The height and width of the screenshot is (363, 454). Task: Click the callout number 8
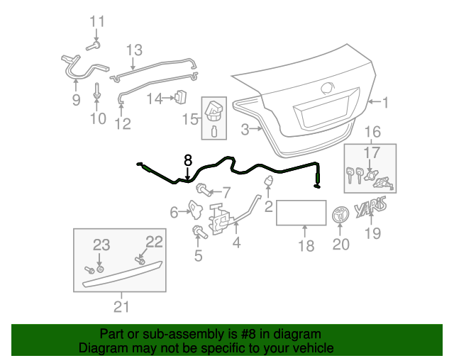click(x=188, y=160)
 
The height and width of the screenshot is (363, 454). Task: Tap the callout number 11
click(x=96, y=21)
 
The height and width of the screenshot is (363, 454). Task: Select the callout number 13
click(x=134, y=50)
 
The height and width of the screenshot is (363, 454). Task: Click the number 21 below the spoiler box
click(x=121, y=306)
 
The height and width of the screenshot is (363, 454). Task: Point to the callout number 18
click(x=305, y=246)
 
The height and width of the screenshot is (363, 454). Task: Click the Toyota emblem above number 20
click(x=341, y=214)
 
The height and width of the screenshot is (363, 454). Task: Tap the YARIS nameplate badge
click(x=370, y=210)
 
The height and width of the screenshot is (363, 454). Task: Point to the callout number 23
click(x=101, y=245)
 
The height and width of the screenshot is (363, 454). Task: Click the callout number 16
click(x=372, y=131)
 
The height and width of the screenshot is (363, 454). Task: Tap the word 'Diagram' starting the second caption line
click(x=101, y=348)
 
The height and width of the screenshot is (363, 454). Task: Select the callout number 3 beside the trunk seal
click(x=245, y=129)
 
